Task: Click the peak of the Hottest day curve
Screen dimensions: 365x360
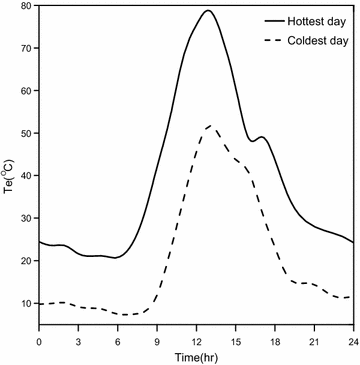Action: click(x=208, y=11)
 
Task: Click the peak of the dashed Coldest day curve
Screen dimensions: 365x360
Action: click(x=208, y=126)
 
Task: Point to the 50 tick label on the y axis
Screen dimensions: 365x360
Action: click(x=25, y=133)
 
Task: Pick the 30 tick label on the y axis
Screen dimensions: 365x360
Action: click(x=25, y=218)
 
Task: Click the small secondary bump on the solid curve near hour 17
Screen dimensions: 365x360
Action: click(x=261, y=137)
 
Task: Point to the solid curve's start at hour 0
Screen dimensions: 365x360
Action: click(x=40, y=242)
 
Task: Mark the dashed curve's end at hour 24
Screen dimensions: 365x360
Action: click(x=352, y=297)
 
